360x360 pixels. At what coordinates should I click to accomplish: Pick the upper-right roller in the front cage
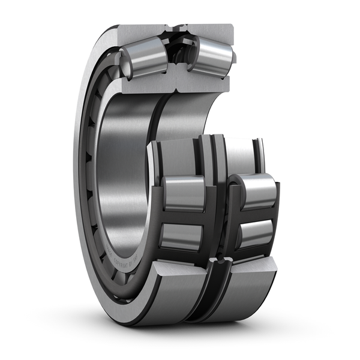point(257,191)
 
